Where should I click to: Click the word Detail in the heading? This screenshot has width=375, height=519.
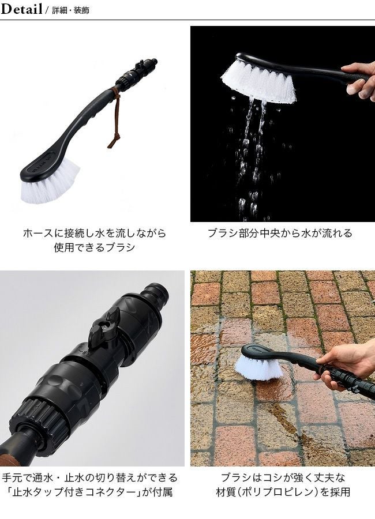(21, 9)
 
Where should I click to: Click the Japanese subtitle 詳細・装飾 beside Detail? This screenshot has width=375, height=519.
(71, 10)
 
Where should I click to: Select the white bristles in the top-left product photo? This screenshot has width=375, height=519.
(50, 183)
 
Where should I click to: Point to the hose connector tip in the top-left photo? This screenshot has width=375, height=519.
(153, 62)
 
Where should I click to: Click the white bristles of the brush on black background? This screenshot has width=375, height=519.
(258, 81)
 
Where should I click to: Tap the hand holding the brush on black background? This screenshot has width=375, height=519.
(359, 80)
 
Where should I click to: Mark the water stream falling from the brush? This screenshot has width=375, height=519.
(252, 156)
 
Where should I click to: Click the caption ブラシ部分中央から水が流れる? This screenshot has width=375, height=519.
(280, 234)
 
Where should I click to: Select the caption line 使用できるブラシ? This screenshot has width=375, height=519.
(95, 247)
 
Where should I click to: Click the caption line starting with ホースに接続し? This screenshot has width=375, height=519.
(95, 234)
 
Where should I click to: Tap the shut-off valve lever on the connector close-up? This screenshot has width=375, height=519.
(104, 327)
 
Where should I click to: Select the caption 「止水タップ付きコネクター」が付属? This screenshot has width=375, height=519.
(89, 492)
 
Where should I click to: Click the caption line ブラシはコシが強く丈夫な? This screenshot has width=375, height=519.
(283, 477)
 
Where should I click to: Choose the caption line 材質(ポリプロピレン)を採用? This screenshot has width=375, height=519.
(283, 492)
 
